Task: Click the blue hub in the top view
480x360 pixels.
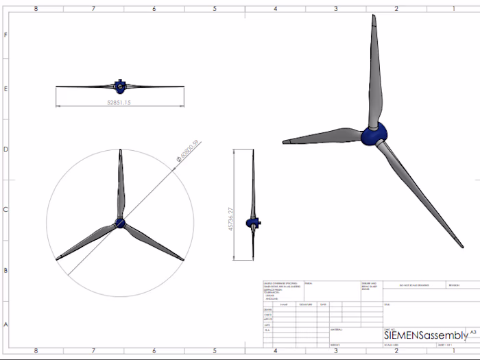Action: [120, 86]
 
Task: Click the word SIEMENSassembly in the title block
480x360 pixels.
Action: [426, 335]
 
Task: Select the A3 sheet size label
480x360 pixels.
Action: [472, 332]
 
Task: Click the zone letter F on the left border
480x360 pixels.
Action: [6, 34]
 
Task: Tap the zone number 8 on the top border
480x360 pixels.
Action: [36, 9]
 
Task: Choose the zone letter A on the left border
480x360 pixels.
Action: [6, 324]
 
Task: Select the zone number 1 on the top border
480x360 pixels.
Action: [453, 9]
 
